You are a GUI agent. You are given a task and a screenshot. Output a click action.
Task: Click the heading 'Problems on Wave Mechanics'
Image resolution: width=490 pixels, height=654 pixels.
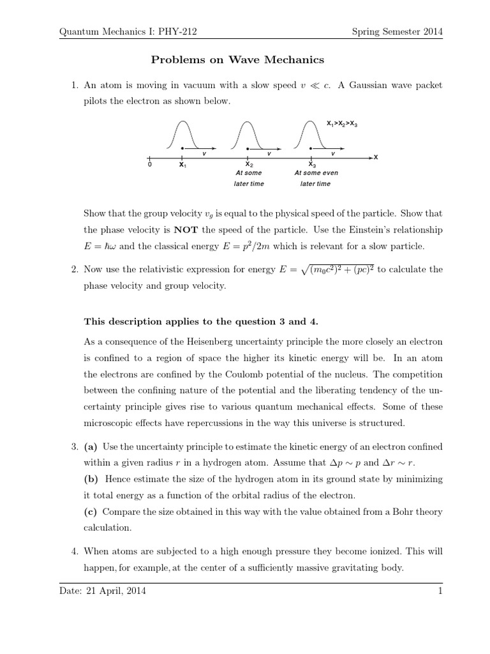tap(237, 60)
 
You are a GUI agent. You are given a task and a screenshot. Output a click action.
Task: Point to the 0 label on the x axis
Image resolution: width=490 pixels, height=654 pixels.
tap(149, 165)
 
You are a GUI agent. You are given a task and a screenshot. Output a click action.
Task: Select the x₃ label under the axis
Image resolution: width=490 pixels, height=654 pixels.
tap(311, 164)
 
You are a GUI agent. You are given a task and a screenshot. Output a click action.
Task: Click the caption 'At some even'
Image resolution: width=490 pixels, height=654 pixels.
tap(316, 173)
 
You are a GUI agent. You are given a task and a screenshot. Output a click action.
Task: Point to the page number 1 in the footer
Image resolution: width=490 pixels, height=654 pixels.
tap(440, 591)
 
